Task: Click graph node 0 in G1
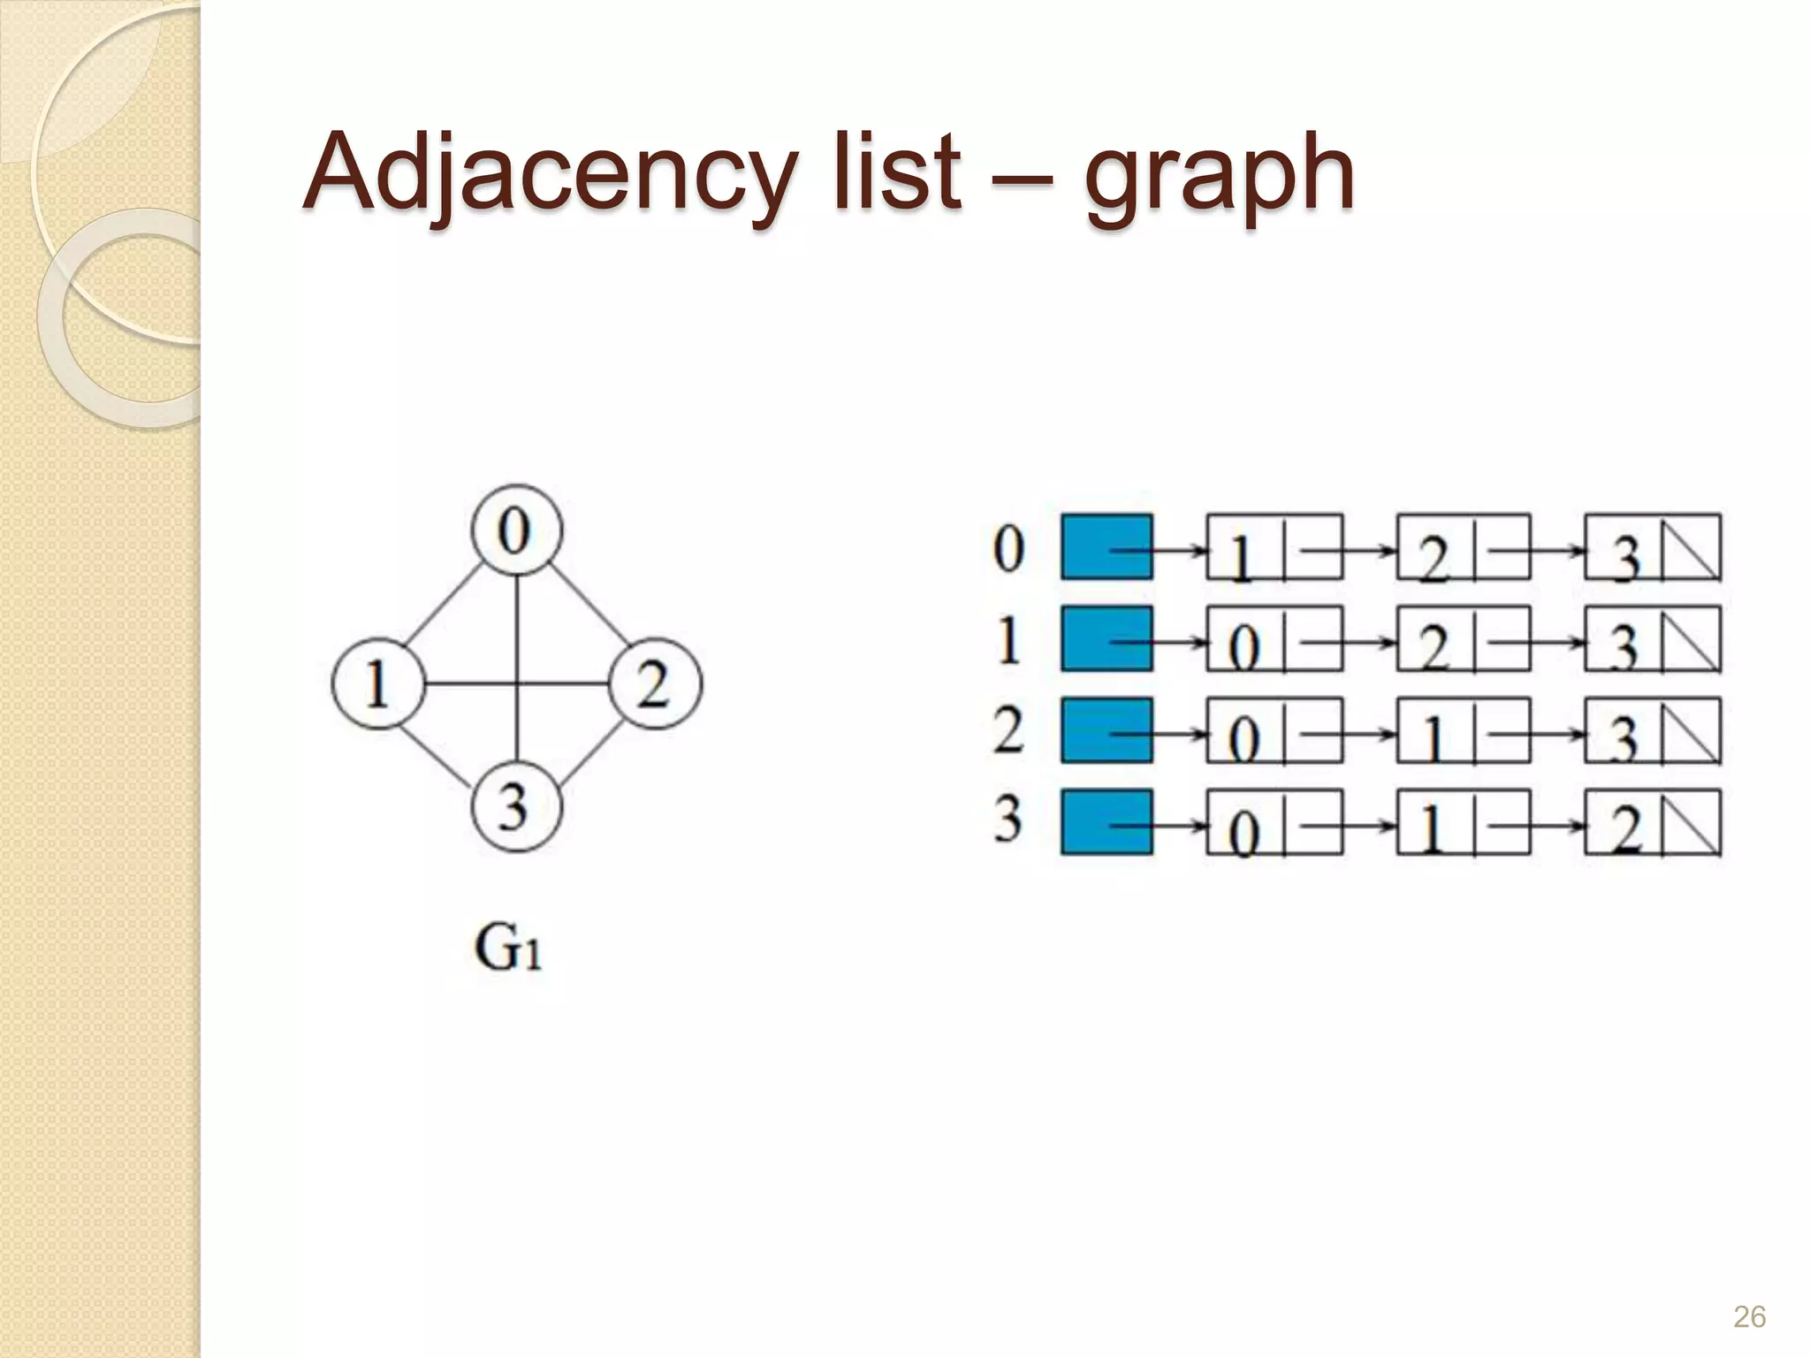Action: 516,530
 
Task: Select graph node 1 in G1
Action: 378,684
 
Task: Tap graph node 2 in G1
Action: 655,684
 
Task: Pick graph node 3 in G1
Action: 516,806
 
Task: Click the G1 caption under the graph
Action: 508,948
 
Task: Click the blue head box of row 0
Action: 1107,547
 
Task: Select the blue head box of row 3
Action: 1107,822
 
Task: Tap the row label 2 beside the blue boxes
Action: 1008,730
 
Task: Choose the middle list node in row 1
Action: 1464,639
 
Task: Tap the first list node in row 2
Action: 1274,731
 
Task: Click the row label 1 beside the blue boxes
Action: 1008,639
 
